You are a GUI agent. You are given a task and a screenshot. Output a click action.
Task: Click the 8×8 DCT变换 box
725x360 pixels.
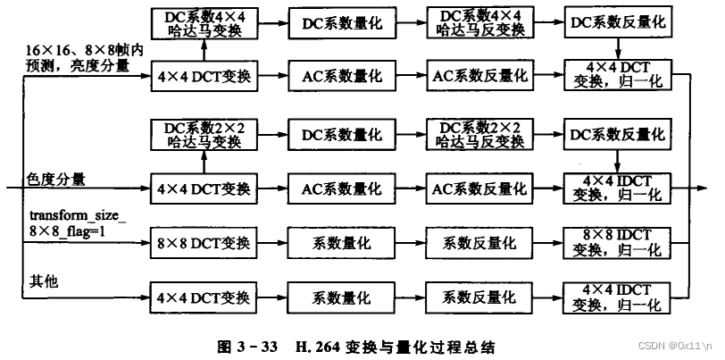click(204, 243)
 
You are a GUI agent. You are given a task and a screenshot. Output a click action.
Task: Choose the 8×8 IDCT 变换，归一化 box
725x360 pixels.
click(615, 243)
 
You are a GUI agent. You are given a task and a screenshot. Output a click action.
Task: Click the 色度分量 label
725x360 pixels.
click(56, 180)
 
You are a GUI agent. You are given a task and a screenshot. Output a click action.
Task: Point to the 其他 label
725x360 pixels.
click(38, 281)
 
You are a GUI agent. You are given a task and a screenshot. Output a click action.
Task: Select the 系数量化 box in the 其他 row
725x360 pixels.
click(340, 296)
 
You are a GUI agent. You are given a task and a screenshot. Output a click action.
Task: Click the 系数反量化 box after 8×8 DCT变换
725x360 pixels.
click(476, 243)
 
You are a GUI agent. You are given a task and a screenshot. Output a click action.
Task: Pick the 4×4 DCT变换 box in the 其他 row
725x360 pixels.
click(204, 296)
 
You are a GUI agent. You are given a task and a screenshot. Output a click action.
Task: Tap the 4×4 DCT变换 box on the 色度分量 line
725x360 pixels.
click(204, 189)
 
